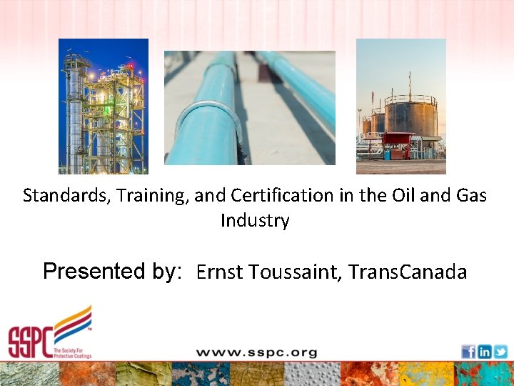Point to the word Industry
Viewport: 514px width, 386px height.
255,220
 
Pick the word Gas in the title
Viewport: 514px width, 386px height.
471,195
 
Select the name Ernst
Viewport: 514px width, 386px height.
219,272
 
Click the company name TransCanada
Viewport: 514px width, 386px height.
408,272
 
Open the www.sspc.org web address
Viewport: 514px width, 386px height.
256,352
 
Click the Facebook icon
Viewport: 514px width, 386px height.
468,352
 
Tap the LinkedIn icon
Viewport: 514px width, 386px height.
485,352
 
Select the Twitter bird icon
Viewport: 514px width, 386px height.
500,352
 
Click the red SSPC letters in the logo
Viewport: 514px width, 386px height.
30,341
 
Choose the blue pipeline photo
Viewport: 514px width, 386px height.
249,108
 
